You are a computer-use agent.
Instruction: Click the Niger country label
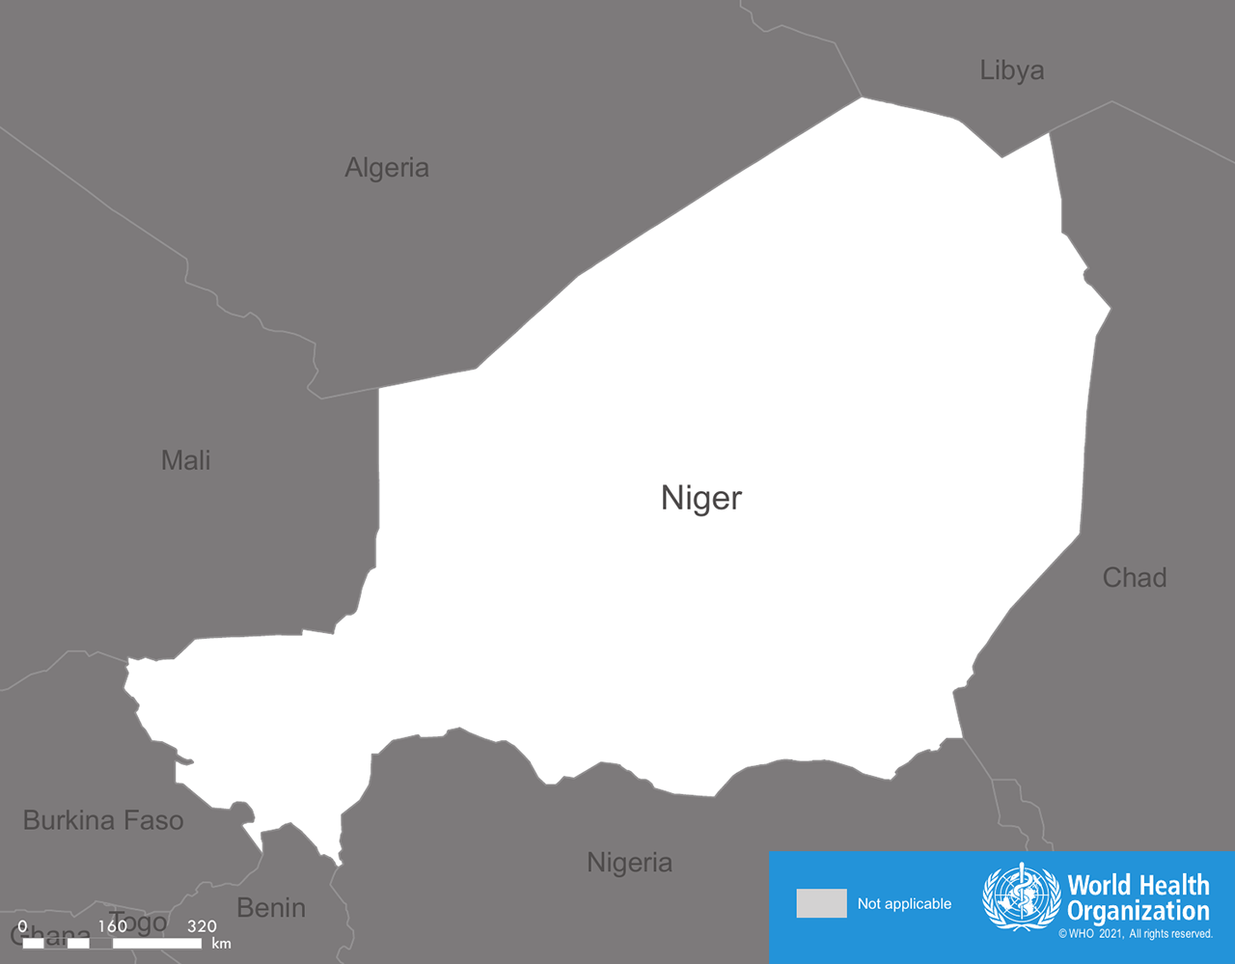[x=701, y=498]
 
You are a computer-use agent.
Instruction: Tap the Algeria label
[x=387, y=168]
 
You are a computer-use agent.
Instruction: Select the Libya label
[x=1012, y=70]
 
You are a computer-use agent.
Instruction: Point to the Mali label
[x=185, y=460]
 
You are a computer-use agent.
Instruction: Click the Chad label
[x=1135, y=578]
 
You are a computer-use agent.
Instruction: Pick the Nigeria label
[x=629, y=863]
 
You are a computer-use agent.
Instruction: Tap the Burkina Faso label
[x=103, y=821]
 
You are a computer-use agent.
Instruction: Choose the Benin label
[x=271, y=908]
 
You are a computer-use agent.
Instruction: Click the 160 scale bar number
[x=112, y=926]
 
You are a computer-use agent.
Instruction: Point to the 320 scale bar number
[x=202, y=926]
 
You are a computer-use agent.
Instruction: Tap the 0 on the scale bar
[x=22, y=926]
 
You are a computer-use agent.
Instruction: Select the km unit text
[x=221, y=944]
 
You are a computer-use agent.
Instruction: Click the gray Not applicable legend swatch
[x=821, y=903]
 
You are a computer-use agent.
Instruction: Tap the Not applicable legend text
[x=904, y=904]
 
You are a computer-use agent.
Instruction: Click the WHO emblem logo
[x=1020, y=897]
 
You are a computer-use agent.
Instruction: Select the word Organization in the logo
[x=1139, y=911]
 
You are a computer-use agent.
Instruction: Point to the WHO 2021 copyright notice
[x=1136, y=934]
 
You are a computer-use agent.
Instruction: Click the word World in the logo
[x=1098, y=885]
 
